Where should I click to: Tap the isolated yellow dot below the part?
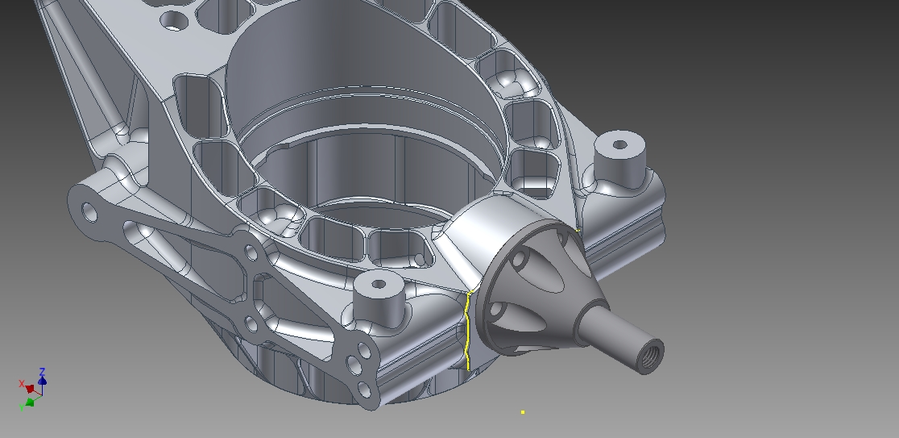click(523, 412)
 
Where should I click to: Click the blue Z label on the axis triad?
click(42, 373)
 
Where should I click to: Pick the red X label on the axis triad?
click(22, 384)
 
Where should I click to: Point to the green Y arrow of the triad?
click(30, 401)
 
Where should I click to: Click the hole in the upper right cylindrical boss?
click(619, 145)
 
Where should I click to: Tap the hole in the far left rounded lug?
click(89, 213)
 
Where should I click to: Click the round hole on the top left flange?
click(173, 21)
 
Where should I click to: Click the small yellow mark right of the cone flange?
click(578, 231)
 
